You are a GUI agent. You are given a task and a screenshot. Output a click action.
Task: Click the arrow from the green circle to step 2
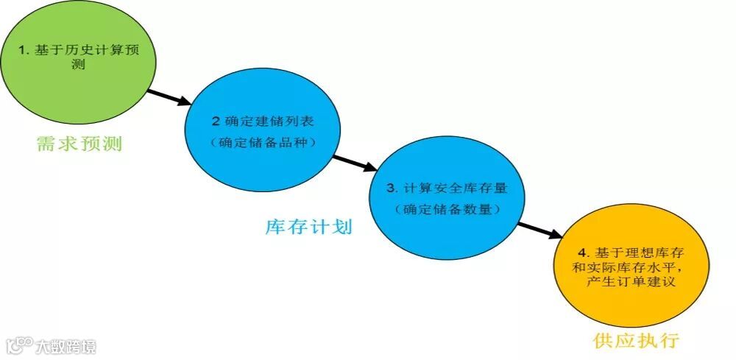171,99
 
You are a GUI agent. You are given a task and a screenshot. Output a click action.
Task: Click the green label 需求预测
79,144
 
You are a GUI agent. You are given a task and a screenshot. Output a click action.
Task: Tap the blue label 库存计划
309,227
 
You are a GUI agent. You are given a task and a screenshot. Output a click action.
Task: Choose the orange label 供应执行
635,341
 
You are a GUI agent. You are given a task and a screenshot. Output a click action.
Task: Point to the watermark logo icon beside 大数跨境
20,345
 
